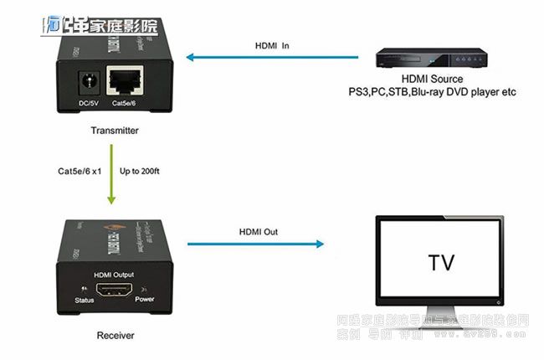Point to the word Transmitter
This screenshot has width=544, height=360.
click(x=115, y=131)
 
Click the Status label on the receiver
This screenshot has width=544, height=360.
click(x=83, y=300)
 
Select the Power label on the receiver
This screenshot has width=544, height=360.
click(x=145, y=299)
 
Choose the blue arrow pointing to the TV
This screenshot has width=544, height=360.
click(x=255, y=244)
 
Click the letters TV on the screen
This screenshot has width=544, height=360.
click(x=441, y=262)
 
